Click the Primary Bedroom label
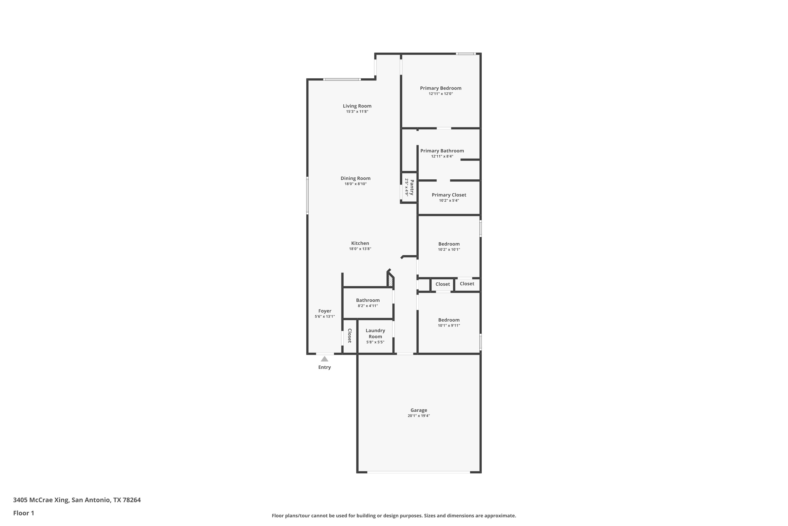click(440, 88)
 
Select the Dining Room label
click(355, 179)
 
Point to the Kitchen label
click(360, 243)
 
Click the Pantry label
click(412, 188)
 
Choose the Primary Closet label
click(449, 195)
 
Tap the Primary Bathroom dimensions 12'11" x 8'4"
click(442, 156)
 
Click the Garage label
click(419, 410)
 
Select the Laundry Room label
click(375, 333)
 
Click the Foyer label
click(325, 311)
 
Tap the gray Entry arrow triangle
click(324, 359)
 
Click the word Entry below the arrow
click(324, 367)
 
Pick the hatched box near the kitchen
click(390, 280)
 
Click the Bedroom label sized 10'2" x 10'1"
click(449, 244)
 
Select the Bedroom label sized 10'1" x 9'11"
click(449, 320)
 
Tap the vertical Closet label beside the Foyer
click(349, 336)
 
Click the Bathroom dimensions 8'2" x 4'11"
click(368, 306)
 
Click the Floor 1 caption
click(23, 513)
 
